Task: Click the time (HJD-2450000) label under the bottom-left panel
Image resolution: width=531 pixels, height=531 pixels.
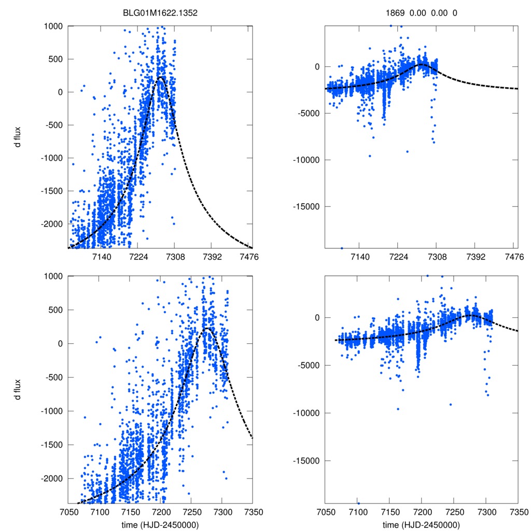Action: coord(160,525)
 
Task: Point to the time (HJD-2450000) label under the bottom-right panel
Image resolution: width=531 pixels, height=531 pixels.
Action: coord(421,525)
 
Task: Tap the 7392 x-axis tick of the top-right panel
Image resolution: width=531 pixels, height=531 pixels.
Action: coord(476,257)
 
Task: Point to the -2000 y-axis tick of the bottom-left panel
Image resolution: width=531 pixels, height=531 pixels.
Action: coord(52,478)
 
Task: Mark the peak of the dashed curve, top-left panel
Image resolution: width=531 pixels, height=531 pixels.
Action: coord(160,77)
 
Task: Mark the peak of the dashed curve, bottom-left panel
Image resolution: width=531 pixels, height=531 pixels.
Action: coord(206,328)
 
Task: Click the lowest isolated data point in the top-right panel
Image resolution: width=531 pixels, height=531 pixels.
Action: coord(342,248)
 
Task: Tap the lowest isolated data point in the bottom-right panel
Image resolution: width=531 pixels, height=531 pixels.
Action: coord(358,502)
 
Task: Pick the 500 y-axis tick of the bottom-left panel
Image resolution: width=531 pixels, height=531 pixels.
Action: coord(56,310)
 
